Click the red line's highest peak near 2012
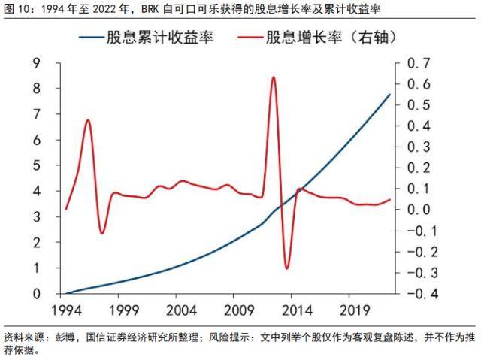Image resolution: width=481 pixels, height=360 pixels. click(273, 77)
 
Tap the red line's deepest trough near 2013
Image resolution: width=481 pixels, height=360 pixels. click(286, 268)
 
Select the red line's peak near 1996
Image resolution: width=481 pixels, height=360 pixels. click(89, 120)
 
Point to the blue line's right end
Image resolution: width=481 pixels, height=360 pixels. click(389, 94)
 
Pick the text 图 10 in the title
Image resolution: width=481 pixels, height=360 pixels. click(17, 9)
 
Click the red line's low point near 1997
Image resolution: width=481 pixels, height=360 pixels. click(102, 232)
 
